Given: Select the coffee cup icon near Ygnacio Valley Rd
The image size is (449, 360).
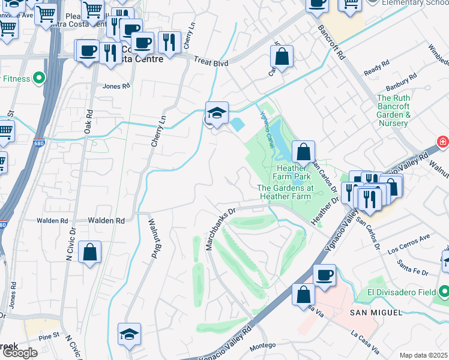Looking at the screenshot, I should click(x=325, y=275).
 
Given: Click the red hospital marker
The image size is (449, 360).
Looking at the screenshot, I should click(x=443, y=142).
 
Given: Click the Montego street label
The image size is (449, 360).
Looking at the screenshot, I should click(x=262, y=345).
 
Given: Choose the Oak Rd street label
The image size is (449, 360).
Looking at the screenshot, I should click(x=89, y=120).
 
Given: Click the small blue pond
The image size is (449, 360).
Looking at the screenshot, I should click(x=238, y=125).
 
